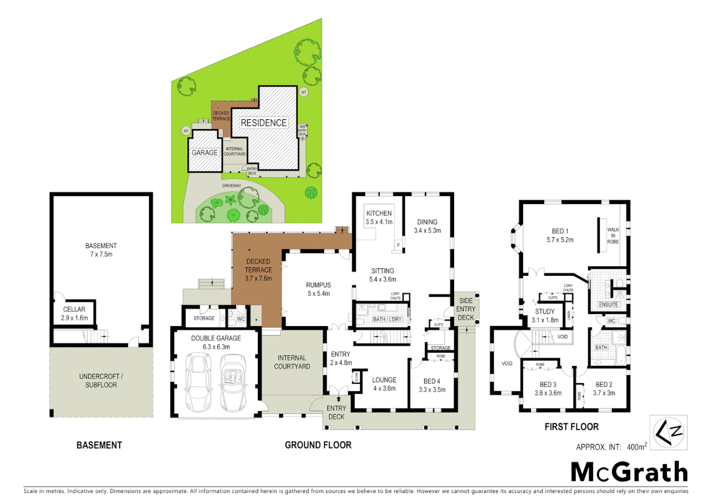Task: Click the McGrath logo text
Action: click(629, 472)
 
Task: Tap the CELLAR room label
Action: click(74, 309)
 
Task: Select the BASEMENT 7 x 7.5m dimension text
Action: click(101, 254)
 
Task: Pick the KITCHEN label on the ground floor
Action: click(379, 213)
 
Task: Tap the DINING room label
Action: click(427, 222)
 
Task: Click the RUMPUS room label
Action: click(318, 285)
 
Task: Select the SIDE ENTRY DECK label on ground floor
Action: click(466, 309)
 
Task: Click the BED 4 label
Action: click(432, 381)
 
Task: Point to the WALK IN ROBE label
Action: click(613, 236)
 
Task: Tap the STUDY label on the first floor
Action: click(545, 312)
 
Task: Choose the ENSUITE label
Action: click(608, 305)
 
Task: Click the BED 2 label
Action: click(604, 384)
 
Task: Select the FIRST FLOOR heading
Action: click(571, 427)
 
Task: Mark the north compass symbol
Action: click(668, 433)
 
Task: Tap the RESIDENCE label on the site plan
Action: click(263, 123)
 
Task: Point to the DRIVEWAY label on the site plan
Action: click(232, 186)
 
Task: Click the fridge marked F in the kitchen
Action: click(398, 245)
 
